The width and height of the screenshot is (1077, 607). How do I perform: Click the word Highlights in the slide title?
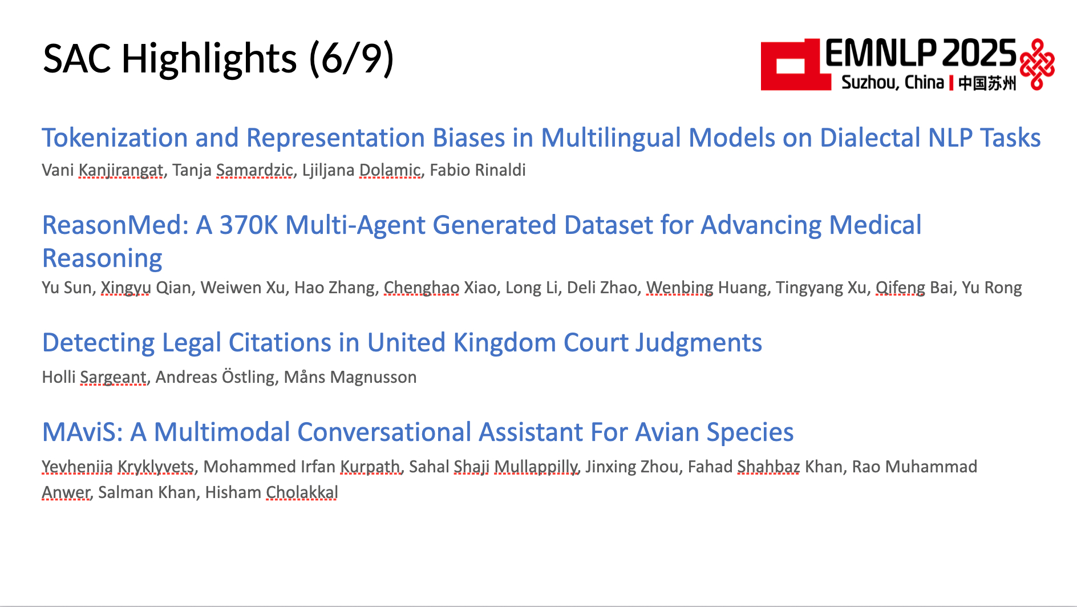click(x=209, y=59)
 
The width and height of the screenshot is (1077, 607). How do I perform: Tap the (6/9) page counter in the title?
click(x=351, y=59)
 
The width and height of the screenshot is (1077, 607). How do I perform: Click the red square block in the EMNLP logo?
click(x=795, y=65)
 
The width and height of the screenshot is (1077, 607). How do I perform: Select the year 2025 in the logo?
click(x=979, y=54)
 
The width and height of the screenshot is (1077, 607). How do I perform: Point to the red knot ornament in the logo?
click(x=1037, y=64)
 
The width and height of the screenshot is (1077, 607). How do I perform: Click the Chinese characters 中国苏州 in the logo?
click(x=987, y=83)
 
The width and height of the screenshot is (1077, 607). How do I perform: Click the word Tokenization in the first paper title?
click(x=115, y=137)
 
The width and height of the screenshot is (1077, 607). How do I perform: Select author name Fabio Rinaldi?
click(x=477, y=170)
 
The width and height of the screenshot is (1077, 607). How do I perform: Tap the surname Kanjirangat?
click(x=121, y=171)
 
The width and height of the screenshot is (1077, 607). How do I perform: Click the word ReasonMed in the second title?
click(x=112, y=225)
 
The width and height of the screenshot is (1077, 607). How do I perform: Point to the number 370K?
click(x=249, y=225)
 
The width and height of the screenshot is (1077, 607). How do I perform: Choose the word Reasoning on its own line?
click(x=103, y=258)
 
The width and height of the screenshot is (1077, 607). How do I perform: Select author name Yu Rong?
click(x=992, y=287)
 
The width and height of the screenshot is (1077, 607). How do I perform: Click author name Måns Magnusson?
click(x=350, y=377)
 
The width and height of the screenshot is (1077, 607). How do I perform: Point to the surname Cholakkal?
click(x=302, y=492)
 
